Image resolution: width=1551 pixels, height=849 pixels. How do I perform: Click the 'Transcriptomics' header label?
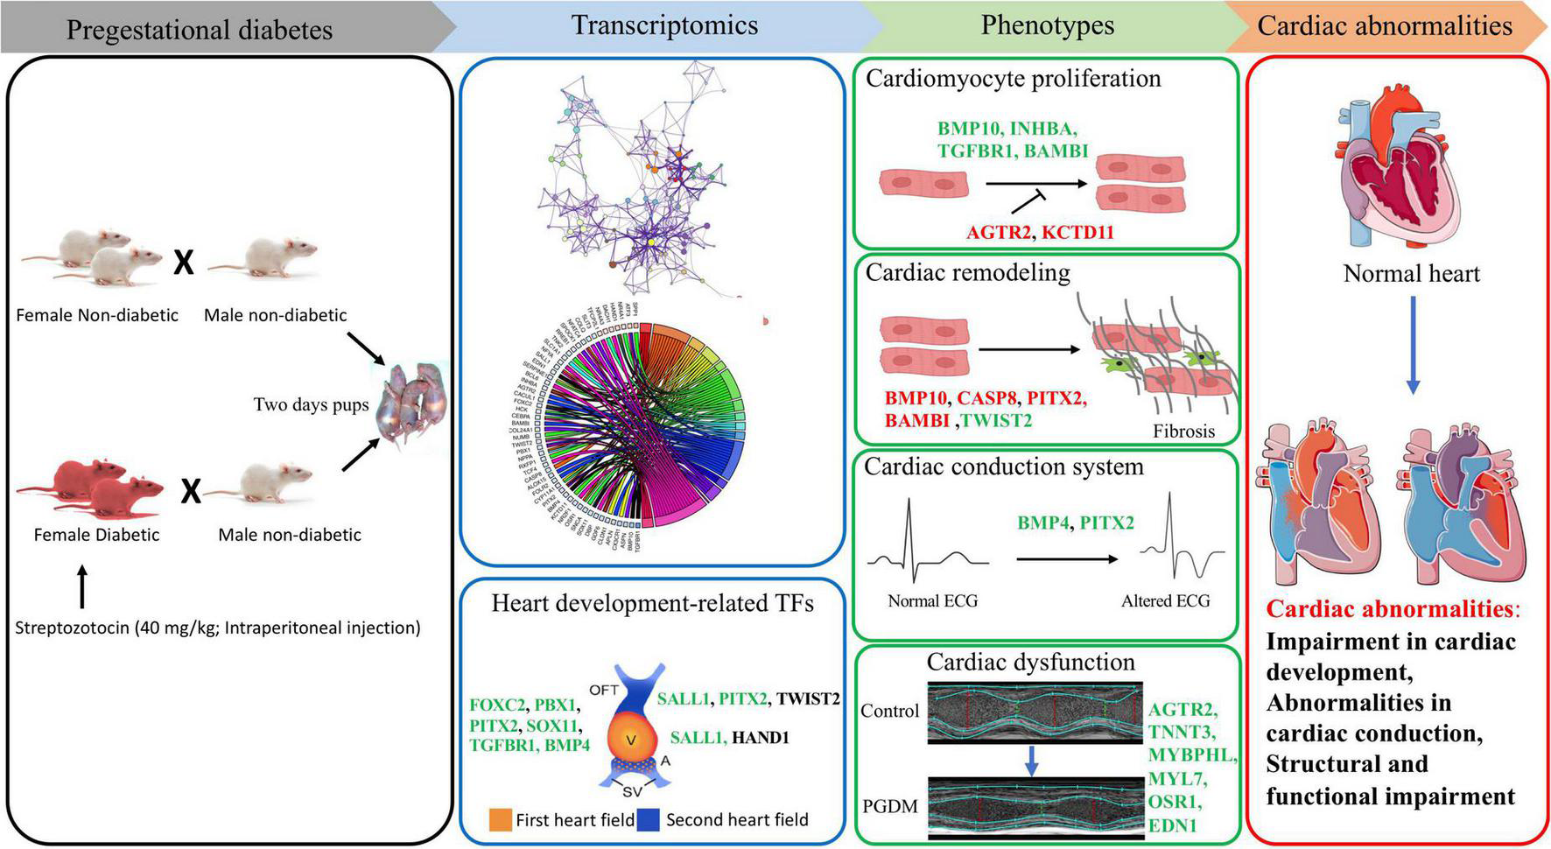click(664, 25)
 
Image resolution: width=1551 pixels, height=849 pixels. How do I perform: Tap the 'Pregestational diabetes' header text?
click(200, 29)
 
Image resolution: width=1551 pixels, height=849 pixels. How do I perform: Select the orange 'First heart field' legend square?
click(501, 820)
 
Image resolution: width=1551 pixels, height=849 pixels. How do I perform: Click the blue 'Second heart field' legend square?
click(648, 820)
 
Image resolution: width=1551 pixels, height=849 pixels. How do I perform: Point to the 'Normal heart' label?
click(1411, 274)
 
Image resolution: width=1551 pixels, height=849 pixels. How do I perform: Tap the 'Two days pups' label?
click(311, 404)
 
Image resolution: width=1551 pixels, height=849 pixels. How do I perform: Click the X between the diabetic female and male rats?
click(190, 492)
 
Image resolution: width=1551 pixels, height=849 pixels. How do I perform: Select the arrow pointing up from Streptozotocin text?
click(82, 586)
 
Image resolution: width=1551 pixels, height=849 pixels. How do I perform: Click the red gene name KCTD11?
click(1077, 233)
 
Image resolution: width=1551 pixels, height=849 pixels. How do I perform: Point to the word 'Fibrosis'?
click(1183, 431)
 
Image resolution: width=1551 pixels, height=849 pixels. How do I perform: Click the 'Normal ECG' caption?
click(932, 601)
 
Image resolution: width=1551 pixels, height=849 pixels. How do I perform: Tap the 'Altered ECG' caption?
click(1165, 601)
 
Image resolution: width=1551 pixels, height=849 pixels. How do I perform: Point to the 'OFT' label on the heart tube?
click(604, 691)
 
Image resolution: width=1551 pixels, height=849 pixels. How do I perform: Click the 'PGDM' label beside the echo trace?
click(889, 805)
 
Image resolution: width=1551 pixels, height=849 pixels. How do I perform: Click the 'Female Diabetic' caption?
click(96, 535)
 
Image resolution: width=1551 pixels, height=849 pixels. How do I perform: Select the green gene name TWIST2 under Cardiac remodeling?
click(997, 421)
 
